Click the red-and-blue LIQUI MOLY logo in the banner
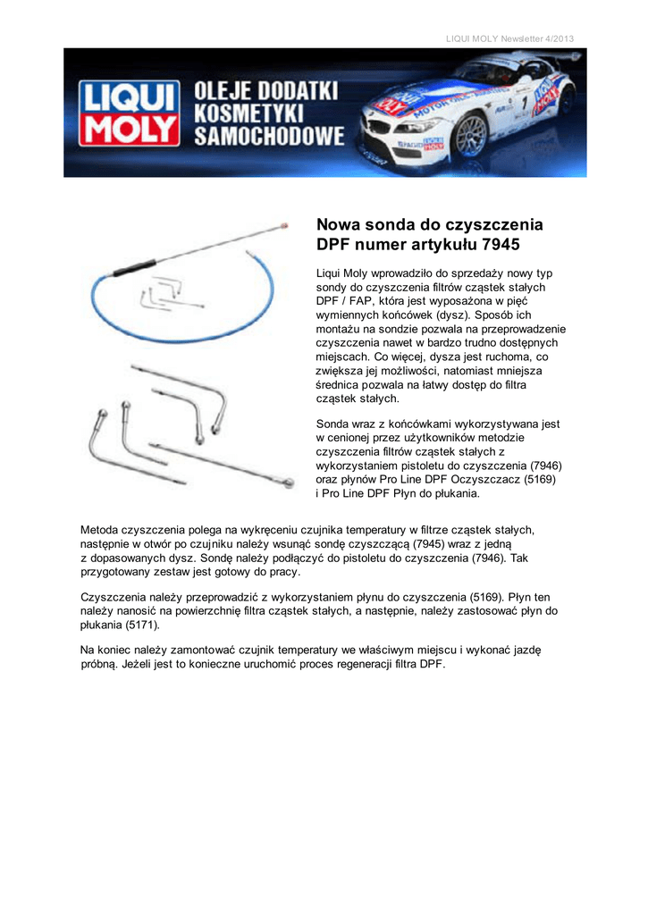coord(128,113)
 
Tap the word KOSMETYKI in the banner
coord(249,113)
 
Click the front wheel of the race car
coord(470,136)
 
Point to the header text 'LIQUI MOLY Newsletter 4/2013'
coord(509,37)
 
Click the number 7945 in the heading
coord(500,244)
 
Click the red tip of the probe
coord(283,226)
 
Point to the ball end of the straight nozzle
coord(287,483)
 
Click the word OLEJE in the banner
coord(225,90)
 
